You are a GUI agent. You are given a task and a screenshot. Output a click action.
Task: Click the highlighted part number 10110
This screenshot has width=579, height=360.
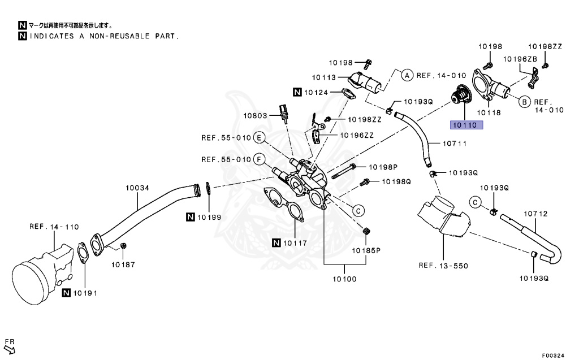(464, 125)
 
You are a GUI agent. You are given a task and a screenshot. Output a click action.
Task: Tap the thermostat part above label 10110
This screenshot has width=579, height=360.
(459, 94)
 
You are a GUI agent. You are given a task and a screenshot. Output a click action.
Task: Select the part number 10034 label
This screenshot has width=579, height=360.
(137, 187)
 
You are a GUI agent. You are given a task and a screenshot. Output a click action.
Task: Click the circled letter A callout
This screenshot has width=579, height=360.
(406, 75)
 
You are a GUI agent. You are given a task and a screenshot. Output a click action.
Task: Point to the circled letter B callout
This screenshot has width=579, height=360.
(523, 102)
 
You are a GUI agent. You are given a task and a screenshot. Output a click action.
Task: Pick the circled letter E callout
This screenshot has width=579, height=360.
(259, 137)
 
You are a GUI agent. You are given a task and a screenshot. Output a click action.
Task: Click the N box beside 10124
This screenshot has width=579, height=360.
(297, 92)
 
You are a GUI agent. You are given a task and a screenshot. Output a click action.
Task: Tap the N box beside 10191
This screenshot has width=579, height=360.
(67, 292)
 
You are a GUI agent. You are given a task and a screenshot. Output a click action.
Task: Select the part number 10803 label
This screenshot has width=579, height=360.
(256, 115)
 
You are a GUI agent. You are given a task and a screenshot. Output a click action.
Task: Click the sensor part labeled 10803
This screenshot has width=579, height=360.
(283, 111)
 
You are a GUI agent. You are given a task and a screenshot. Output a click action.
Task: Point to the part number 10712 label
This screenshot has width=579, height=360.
(535, 214)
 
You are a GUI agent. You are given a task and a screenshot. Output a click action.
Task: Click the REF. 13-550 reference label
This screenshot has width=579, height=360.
(443, 265)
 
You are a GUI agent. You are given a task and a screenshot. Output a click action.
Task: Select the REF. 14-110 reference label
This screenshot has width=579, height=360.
(54, 227)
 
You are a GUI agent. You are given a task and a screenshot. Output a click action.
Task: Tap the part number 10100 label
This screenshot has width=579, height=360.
(344, 279)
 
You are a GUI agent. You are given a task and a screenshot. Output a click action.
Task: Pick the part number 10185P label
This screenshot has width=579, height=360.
(367, 249)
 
